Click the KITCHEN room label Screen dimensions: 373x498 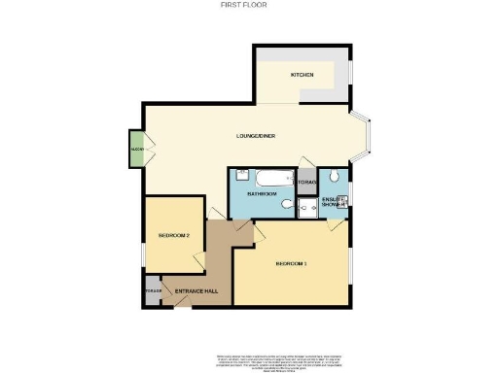point(302,76)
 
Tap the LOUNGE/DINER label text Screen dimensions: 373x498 point(256,135)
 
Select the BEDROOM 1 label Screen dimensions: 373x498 point(291,264)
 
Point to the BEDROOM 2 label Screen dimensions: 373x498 point(179,236)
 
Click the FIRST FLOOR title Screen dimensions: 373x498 point(248,5)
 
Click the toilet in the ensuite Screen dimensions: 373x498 point(334,176)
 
